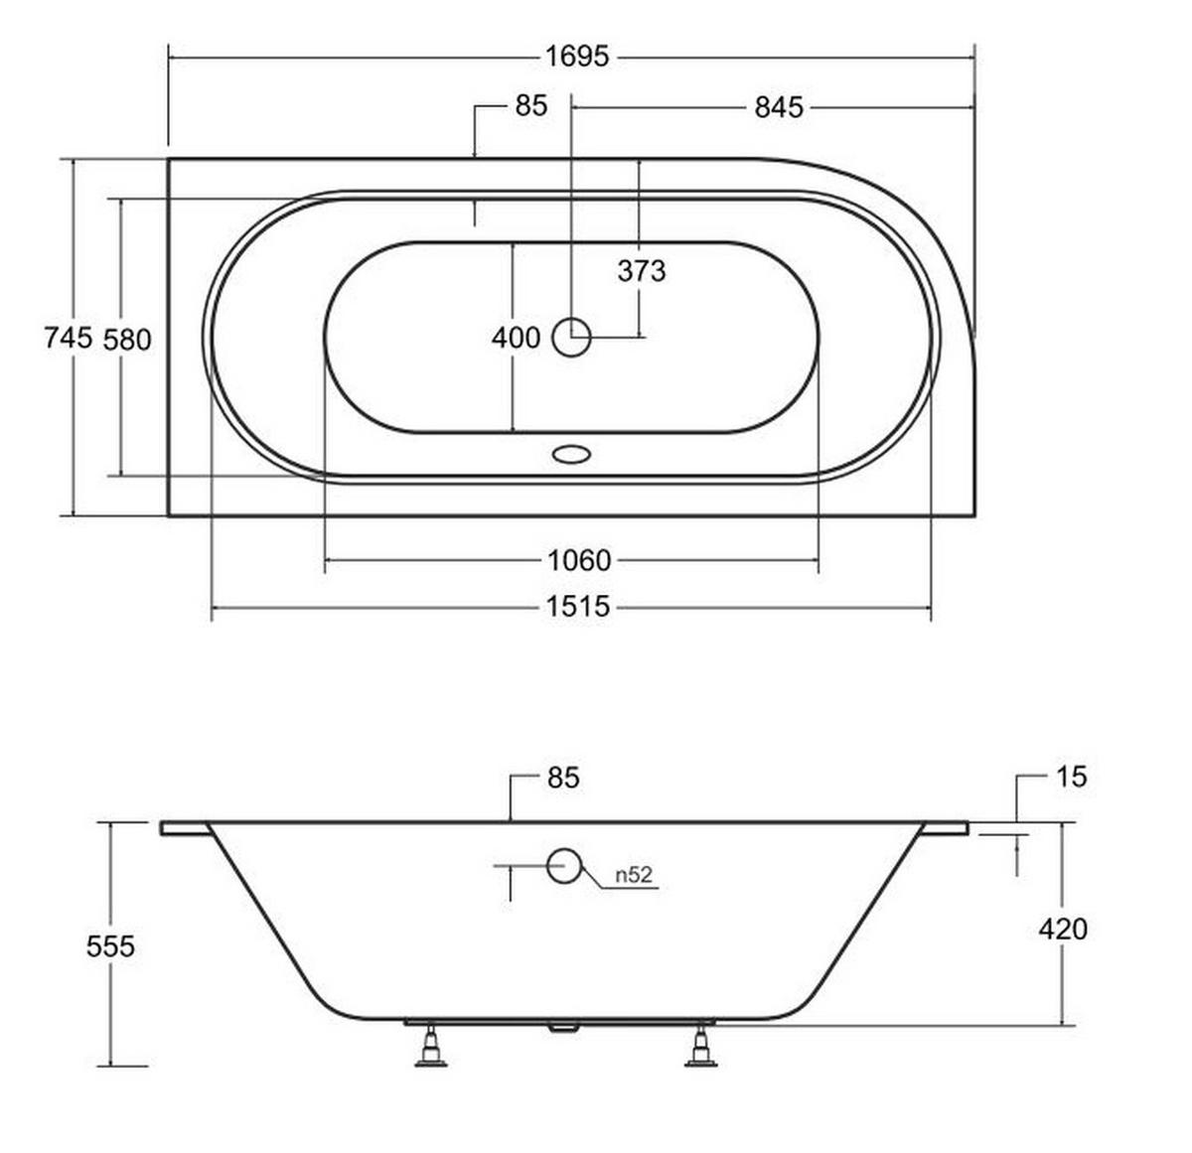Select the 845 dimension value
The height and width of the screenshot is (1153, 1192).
(778, 108)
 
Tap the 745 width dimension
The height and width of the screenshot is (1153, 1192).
(68, 338)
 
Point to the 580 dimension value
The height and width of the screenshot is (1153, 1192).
(127, 340)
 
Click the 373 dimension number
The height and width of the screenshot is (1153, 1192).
(642, 271)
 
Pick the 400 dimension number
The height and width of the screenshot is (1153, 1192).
(516, 338)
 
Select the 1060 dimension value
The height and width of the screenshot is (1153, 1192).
(579, 561)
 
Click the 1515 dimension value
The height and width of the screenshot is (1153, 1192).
(578, 607)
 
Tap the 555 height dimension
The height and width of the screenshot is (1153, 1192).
(110, 946)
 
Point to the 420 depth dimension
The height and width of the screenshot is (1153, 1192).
(1063, 930)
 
